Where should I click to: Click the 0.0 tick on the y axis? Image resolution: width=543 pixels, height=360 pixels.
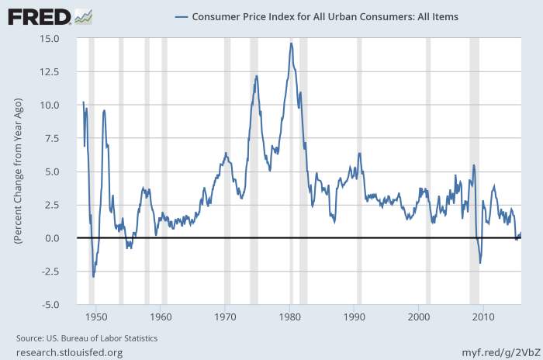pyautogui.click(x=63, y=238)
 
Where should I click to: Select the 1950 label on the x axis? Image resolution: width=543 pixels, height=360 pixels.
pyautogui.click(x=96, y=317)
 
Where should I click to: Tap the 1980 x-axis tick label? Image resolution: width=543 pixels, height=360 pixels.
pyautogui.click(x=289, y=317)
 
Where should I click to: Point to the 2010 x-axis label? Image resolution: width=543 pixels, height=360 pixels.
pyautogui.click(x=483, y=317)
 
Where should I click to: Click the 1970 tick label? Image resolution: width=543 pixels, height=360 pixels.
pyautogui.click(x=225, y=317)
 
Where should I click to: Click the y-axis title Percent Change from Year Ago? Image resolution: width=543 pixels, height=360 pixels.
pyautogui.click(x=17, y=171)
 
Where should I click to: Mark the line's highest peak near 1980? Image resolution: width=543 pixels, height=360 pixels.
pyautogui.click(x=291, y=43)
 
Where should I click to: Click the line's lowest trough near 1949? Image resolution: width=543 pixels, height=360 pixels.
pyautogui.click(x=94, y=276)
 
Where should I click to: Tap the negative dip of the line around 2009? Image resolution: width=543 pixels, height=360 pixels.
pyautogui.click(x=480, y=263)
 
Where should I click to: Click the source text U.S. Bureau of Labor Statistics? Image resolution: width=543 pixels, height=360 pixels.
pyautogui.click(x=87, y=338)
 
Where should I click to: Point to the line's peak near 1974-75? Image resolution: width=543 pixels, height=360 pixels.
pyautogui.click(x=256, y=76)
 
